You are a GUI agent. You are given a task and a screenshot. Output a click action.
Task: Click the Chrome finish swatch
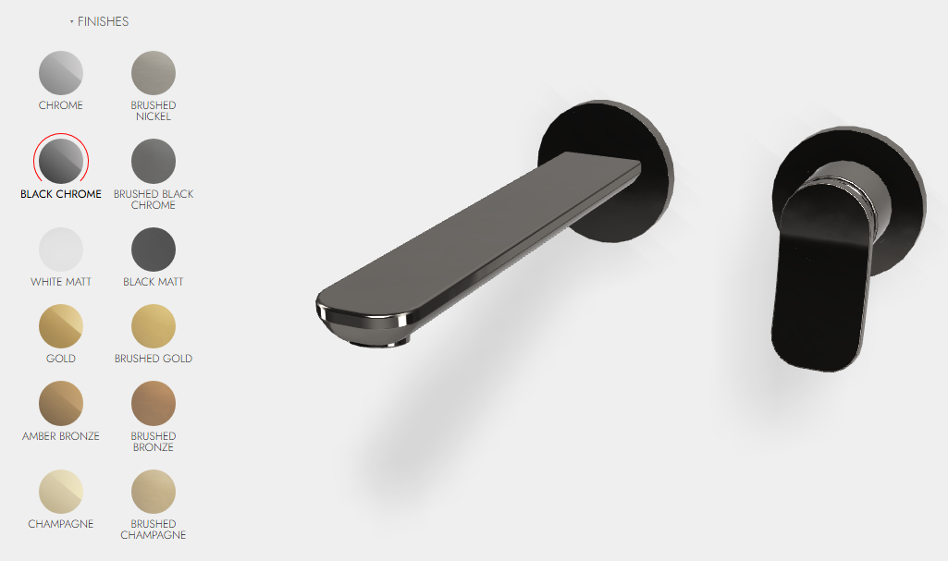pos(61,73)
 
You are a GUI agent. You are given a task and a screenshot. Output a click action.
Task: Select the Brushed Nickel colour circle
pos(154,73)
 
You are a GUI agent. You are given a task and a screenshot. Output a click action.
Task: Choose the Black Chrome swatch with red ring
pos(61,161)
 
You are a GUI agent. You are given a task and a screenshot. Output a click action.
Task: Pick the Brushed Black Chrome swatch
pos(154,161)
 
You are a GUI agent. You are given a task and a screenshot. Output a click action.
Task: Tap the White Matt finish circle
pos(61,250)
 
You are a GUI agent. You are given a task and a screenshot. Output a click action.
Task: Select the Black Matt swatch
pos(154,250)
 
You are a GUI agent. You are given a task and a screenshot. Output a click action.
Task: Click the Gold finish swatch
pos(61,326)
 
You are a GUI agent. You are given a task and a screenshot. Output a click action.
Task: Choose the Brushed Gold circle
pos(154,326)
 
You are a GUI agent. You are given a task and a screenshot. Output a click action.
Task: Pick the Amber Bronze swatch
pos(61,403)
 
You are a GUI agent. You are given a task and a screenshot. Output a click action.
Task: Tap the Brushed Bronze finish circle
pos(154,403)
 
